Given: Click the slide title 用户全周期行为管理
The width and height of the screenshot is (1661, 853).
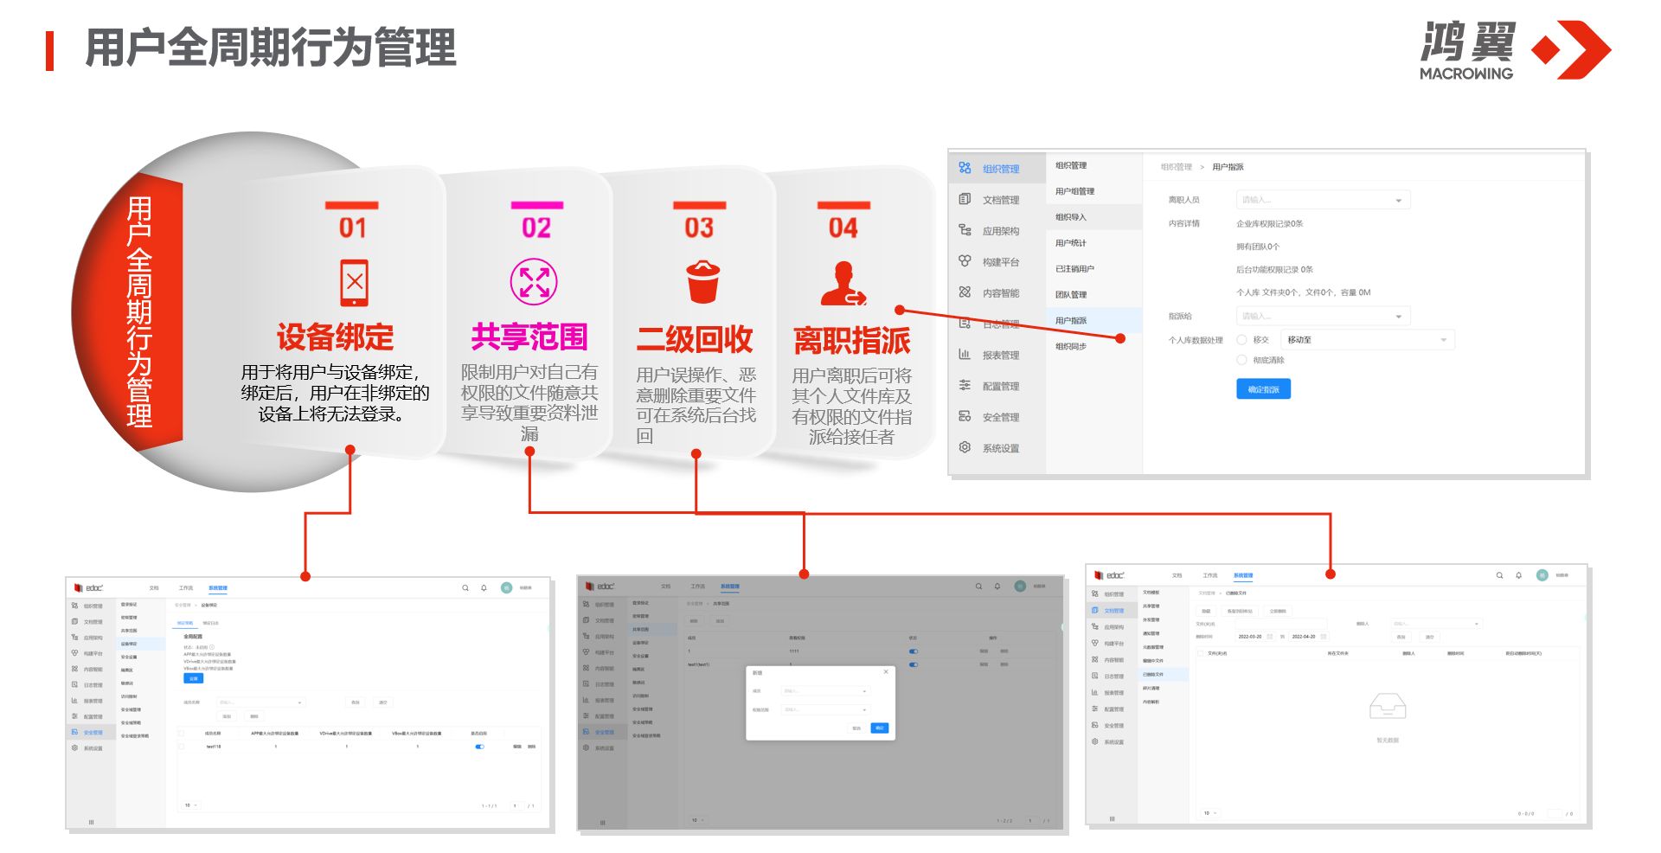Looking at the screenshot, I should click(270, 48).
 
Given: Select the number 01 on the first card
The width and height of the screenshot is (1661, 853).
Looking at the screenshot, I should click(352, 228).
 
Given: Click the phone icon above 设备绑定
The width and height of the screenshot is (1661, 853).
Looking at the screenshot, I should click(354, 282).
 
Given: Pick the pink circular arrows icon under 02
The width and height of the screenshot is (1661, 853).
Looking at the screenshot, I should click(534, 282).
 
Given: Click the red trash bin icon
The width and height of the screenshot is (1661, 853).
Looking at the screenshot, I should click(702, 282).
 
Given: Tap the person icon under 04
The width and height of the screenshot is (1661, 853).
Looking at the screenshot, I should click(843, 284).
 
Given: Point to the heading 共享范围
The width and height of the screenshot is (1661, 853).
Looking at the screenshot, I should click(529, 337).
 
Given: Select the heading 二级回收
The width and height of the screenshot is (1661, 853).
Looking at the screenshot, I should click(695, 339).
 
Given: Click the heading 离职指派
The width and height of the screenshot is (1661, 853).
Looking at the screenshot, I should click(851, 340).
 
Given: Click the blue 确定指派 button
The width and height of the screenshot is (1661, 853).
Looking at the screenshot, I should click(1263, 389).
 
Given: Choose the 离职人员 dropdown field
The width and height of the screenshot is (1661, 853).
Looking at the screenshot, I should click(1323, 200).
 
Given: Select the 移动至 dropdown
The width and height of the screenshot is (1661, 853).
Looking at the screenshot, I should click(1366, 340).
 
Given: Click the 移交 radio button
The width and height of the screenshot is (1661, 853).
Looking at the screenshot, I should click(1242, 340).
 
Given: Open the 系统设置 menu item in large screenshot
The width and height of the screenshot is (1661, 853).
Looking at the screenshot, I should click(1000, 448).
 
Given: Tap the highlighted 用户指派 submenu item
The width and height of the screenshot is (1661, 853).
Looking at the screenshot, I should click(1071, 320).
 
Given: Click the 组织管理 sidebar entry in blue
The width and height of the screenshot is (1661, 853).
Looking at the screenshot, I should click(1000, 169).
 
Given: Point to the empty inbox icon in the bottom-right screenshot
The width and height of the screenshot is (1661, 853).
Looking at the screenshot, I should click(1388, 707).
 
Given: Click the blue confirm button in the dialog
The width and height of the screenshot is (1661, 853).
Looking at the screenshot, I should click(880, 728).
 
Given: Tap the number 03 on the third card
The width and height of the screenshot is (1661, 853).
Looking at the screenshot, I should click(699, 228).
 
